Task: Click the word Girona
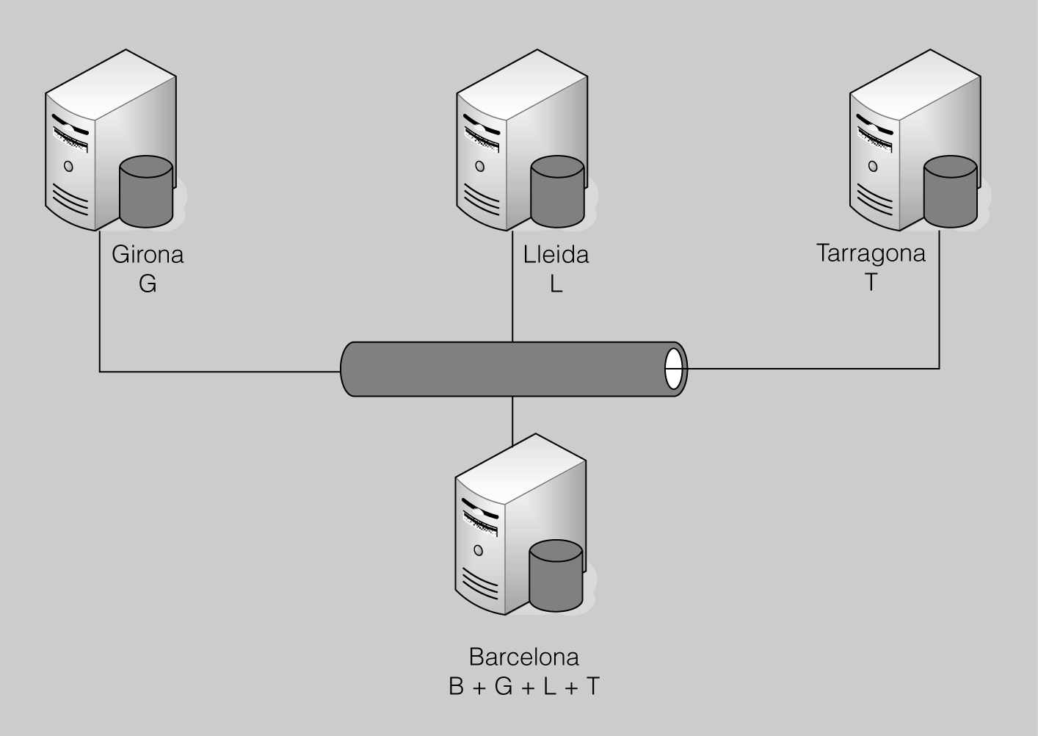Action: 148,255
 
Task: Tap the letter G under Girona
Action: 148,284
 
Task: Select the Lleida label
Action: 556,255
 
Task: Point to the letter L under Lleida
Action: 556,284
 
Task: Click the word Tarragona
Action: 871,253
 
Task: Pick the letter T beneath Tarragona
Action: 871,282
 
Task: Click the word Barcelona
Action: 523,656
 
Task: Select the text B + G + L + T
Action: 523,686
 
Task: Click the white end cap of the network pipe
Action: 673,369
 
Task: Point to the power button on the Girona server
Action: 68,166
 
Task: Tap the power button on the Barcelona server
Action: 478,550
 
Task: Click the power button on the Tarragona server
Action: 873,166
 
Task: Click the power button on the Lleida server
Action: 479,166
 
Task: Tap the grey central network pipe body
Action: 507,369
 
